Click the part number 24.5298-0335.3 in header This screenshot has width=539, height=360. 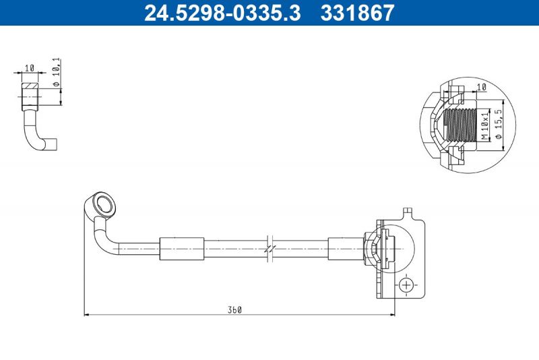click(222, 13)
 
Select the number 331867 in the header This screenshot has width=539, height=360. click(356, 13)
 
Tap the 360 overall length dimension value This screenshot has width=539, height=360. click(234, 310)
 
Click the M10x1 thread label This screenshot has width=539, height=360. click(484, 126)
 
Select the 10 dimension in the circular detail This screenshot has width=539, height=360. click(481, 88)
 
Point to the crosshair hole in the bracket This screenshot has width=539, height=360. click(406, 285)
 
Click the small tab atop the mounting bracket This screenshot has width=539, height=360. click(407, 214)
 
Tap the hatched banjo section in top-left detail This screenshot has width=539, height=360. click(29, 88)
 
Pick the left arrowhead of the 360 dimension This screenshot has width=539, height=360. click(86, 314)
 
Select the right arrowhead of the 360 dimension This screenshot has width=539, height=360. click(392, 314)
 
